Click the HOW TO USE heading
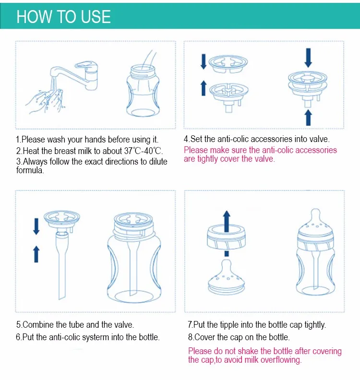63,17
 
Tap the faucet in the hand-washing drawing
75,75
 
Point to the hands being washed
46,101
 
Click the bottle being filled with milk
143,90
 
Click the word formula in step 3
30,170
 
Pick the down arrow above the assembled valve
308,58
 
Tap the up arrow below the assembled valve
308,118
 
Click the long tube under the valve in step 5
62,266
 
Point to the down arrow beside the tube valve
36,226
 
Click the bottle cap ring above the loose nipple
226,237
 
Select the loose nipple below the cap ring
226,277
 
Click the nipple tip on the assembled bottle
315,213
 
